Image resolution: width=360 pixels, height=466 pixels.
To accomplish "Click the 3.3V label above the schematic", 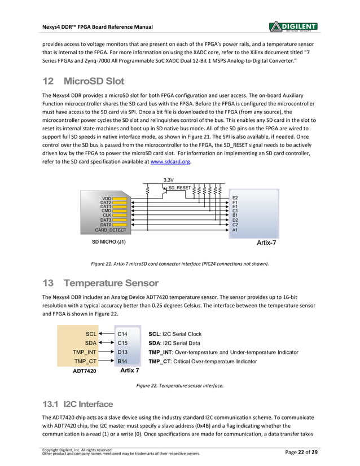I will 168,180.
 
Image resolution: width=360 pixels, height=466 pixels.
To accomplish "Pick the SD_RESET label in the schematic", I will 179,187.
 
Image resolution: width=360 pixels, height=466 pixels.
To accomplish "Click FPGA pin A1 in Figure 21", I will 235,230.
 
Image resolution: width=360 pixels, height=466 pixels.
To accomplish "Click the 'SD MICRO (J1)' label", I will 108,243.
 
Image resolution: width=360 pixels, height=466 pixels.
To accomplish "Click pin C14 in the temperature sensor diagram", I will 122,334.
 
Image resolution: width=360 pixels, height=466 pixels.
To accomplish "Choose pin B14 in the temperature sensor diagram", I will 122,361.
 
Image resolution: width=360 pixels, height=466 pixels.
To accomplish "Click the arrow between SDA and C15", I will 105,342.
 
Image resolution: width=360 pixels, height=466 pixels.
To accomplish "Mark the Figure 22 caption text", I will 179,386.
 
